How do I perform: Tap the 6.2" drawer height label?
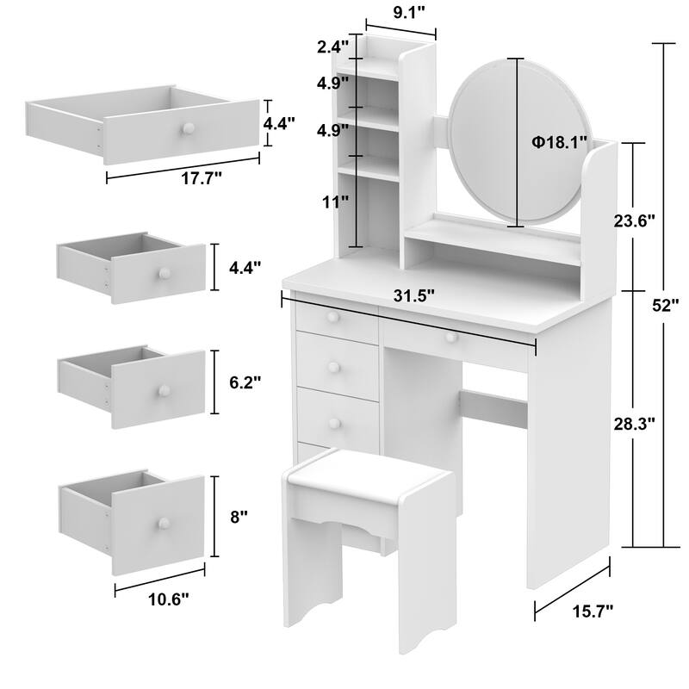[x=245, y=380]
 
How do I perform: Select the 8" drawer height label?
[x=239, y=517]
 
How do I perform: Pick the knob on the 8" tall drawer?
[x=161, y=525]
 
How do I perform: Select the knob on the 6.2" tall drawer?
[x=161, y=391]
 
